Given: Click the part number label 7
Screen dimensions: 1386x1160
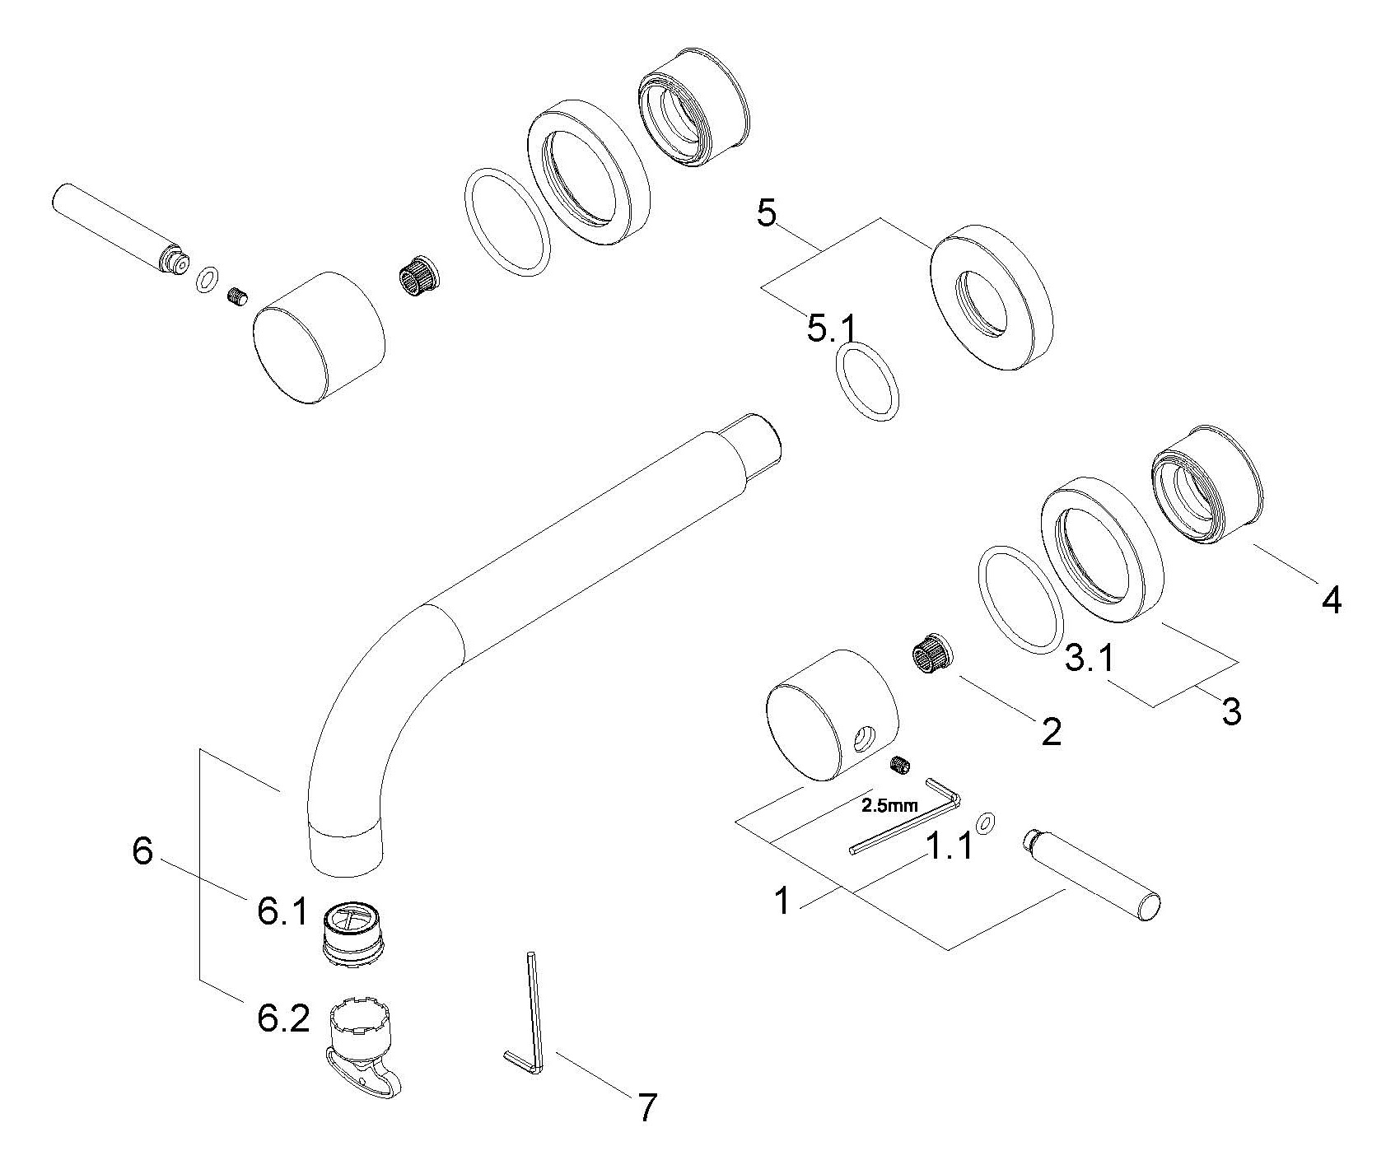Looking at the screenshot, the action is point(647,1107).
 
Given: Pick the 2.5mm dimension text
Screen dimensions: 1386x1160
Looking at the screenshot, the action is point(889,806).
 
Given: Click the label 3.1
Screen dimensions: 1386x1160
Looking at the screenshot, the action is point(1090,659).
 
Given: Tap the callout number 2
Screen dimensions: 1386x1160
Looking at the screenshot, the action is point(1051,731).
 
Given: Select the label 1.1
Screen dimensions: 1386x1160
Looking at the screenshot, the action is point(949,846).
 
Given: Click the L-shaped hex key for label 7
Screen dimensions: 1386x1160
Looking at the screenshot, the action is point(521,1013).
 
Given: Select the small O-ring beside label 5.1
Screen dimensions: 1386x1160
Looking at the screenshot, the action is point(867,380).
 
